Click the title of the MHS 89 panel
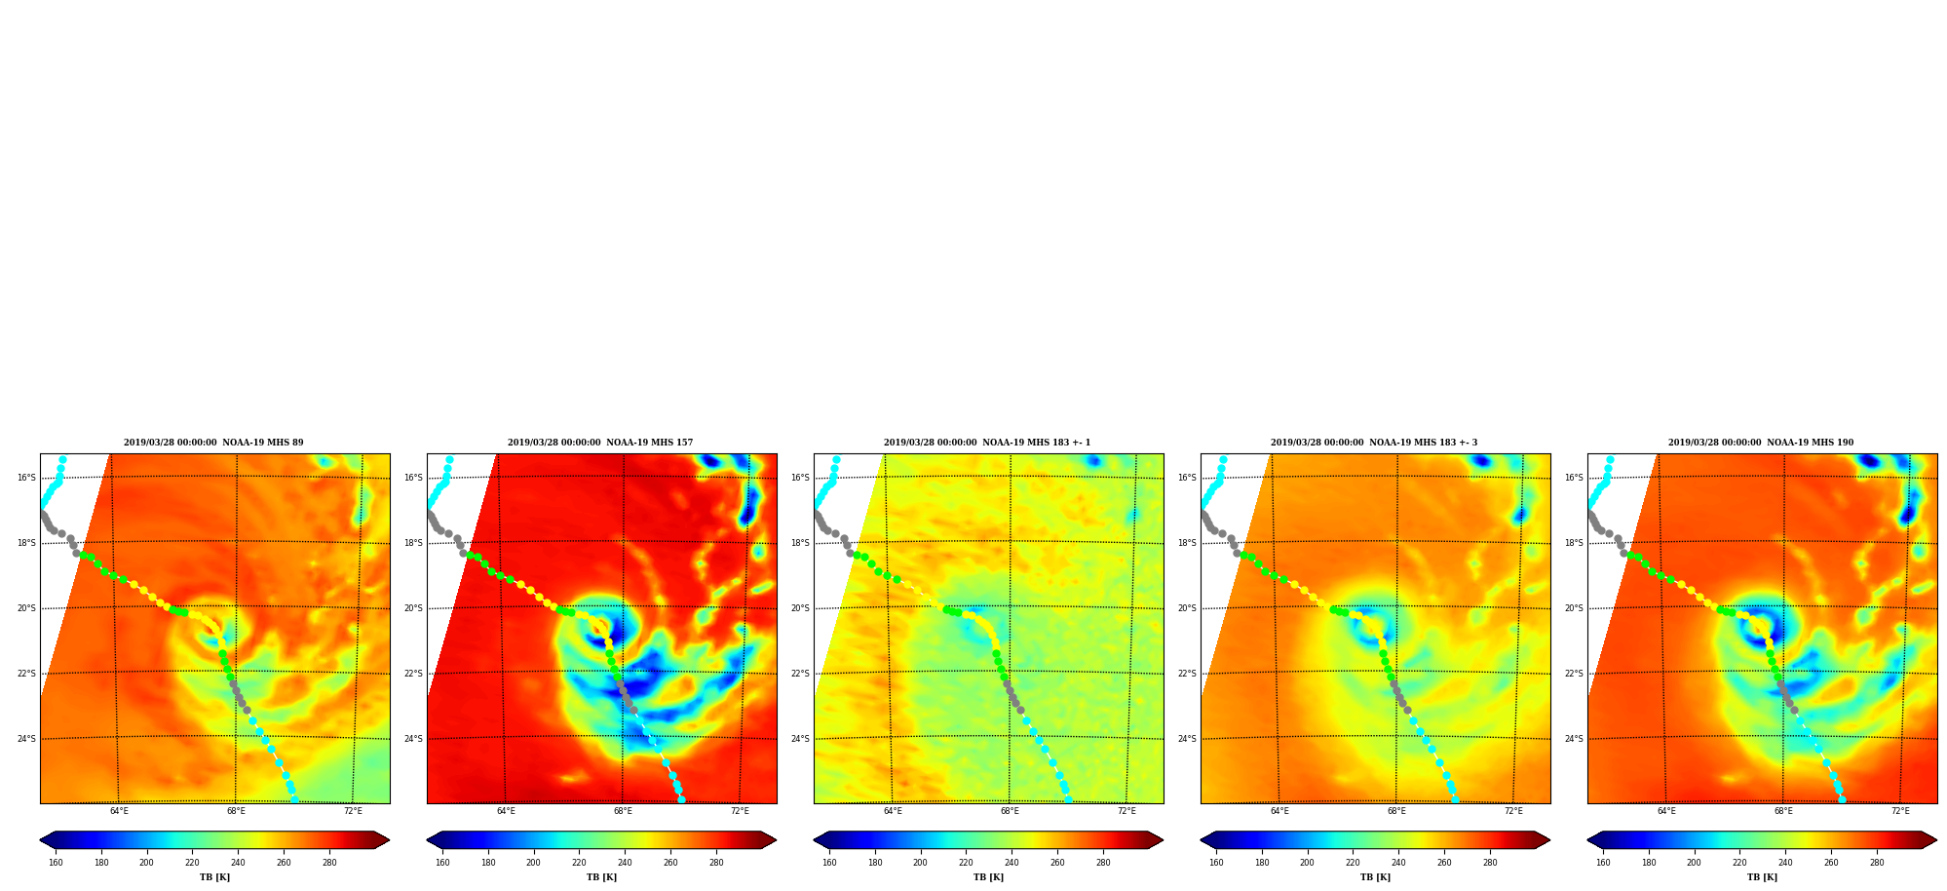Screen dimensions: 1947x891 (x=213, y=443)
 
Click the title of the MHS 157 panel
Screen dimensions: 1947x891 (x=600, y=443)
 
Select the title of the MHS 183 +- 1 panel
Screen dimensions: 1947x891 (x=987, y=443)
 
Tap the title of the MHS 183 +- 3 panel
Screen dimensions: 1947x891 (x=1374, y=443)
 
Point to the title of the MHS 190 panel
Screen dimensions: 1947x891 (x=1761, y=443)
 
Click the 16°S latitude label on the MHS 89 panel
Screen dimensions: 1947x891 (x=26, y=478)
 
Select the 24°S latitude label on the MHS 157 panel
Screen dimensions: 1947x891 (x=413, y=739)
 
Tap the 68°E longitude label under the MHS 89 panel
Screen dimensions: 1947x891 (x=236, y=811)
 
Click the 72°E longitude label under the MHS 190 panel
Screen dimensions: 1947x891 (x=1900, y=811)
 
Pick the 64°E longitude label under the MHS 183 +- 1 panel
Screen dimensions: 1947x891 (x=893, y=811)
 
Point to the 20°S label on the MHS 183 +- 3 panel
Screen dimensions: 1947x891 (x=1187, y=608)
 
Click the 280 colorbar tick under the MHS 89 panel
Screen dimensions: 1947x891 (x=329, y=863)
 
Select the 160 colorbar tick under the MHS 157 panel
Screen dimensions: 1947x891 (x=442, y=863)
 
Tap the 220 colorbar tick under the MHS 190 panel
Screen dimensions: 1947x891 (x=1739, y=863)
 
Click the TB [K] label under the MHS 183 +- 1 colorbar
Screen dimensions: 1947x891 (x=988, y=877)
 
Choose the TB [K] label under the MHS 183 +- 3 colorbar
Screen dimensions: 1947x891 (x=1375, y=877)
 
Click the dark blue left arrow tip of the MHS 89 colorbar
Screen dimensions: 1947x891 (x=41, y=840)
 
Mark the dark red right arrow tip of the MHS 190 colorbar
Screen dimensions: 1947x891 (x=1935, y=840)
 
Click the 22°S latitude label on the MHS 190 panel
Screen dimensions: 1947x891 (x=1574, y=674)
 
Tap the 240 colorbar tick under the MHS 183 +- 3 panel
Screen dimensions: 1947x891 (x=1398, y=863)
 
